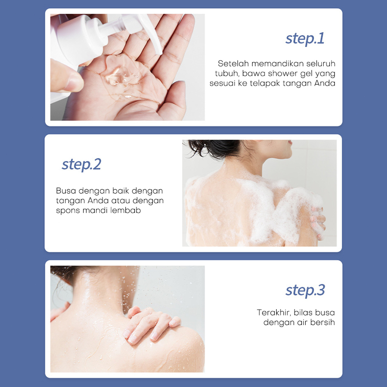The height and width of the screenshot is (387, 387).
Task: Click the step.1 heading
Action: coord(305,39)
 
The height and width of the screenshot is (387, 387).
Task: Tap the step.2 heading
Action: coord(81,164)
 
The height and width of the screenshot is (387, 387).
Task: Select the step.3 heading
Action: coord(305,291)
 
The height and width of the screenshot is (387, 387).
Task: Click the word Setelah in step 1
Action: coord(233,63)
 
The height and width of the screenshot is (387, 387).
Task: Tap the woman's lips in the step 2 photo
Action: coord(290,142)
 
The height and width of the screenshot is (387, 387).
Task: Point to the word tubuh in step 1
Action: coord(227,74)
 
